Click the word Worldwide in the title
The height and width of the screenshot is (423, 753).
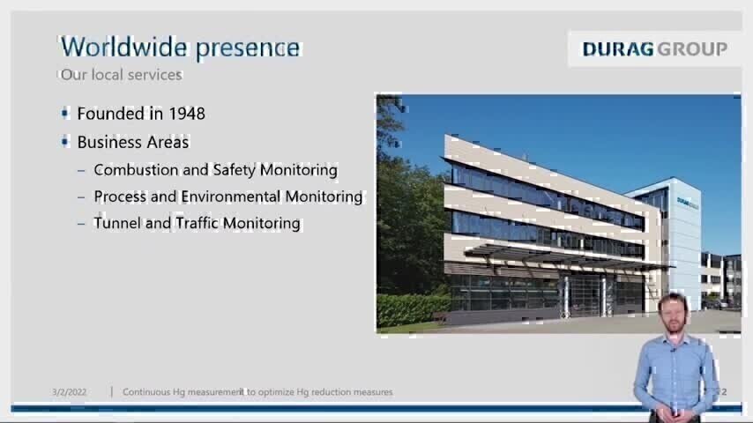tap(124, 47)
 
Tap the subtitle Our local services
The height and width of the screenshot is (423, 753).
tap(122, 74)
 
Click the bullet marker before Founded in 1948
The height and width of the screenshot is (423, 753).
tap(65, 114)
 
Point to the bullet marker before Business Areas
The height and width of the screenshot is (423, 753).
tap(65, 142)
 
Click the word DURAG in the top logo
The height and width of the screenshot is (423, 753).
tap(618, 49)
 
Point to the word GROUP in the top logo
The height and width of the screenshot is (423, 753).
tap(692, 49)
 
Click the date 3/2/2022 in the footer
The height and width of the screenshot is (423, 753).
tap(70, 392)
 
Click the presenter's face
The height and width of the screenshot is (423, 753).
tap(674, 314)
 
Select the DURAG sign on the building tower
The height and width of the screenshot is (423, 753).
tap(688, 203)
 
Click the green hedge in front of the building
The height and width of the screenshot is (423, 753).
tap(413, 309)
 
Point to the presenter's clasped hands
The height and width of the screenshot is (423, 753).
tap(675, 412)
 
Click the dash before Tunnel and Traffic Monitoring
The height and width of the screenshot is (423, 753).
tap(81, 224)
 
